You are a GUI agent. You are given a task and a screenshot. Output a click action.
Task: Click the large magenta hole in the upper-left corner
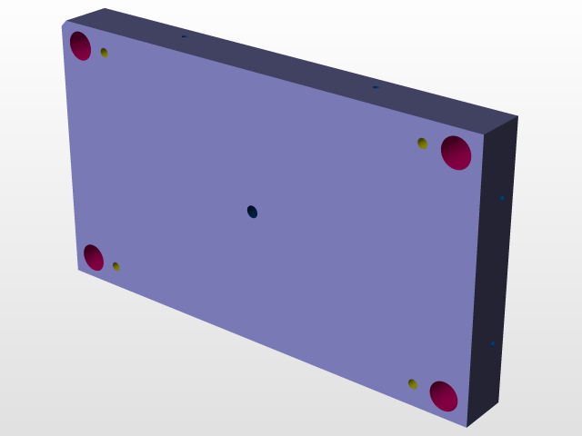[x=80, y=45]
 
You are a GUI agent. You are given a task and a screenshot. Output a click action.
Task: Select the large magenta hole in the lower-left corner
[x=93, y=257]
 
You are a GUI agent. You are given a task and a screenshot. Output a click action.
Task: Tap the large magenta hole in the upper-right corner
[x=456, y=152]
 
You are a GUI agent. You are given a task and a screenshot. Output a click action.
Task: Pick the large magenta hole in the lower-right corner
[x=443, y=396]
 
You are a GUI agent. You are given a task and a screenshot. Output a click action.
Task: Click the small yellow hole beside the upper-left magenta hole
[x=105, y=53]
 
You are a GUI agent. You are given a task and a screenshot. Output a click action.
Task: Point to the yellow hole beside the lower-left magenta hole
[x=115, y=266]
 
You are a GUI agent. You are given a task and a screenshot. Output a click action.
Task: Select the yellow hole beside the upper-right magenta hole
[x=422, y=143]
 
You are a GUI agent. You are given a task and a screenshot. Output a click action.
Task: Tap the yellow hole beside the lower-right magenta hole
[x=413, y=384]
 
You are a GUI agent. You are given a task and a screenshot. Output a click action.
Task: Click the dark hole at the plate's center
[x=252, y=212]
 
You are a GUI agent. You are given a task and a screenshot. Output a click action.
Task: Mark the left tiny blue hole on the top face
[x=184, y=36]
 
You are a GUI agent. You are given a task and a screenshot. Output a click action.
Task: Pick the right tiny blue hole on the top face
[x=375, y=87]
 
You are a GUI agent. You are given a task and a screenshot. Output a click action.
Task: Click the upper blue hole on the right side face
[x=502, y=197]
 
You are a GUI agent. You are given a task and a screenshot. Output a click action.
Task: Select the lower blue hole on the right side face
[x=492, y=343]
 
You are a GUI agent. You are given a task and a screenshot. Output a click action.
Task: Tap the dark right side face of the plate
[x=496, y=272]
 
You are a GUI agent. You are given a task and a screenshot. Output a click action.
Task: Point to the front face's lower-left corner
[x=78, y=270]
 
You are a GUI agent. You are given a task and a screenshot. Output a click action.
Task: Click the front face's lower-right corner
[x=467, y=426]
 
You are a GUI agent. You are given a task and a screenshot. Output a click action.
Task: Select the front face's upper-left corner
[x=64, y=24]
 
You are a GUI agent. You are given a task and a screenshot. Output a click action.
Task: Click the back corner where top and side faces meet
[x=517, y=116]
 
